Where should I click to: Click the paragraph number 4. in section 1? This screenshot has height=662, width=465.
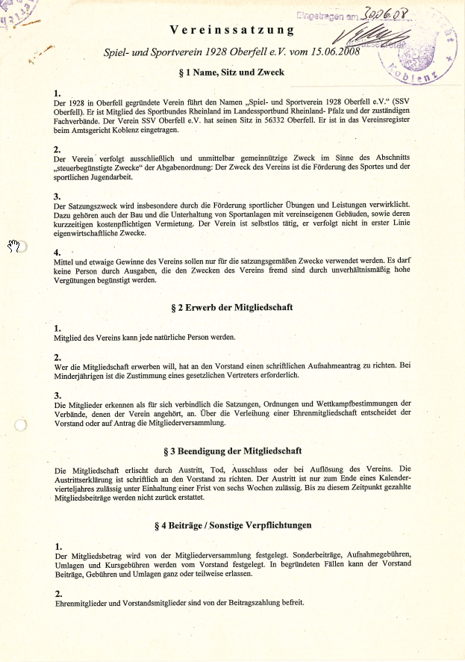pos(58,252)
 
